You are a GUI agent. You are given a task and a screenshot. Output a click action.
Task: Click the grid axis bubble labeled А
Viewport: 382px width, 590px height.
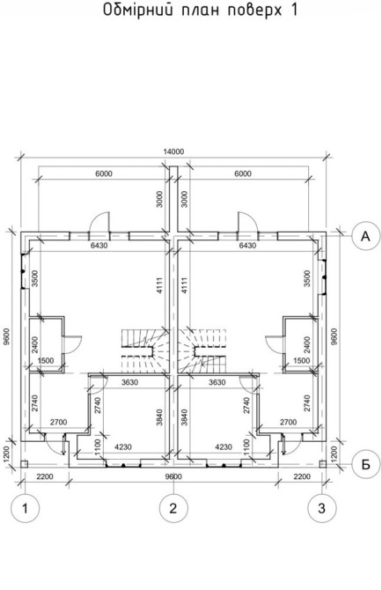365,236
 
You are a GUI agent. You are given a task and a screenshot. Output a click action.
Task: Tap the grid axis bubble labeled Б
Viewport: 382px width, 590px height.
365,465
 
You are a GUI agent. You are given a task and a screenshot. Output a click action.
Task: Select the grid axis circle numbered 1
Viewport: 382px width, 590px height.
25,508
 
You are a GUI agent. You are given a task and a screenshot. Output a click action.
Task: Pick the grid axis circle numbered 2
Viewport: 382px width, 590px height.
173,508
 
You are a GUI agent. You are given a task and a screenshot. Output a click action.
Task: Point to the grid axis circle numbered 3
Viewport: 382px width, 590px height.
322,508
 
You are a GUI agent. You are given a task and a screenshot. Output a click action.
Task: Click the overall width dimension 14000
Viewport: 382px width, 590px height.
173,151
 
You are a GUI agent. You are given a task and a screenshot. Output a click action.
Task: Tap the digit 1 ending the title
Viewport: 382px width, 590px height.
293,10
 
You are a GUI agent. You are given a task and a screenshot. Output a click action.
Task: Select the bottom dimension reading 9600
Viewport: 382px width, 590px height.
173,476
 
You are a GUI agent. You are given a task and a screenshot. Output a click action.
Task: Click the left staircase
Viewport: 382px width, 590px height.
143,350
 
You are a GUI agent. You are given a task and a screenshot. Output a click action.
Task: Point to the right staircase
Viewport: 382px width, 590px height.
202,350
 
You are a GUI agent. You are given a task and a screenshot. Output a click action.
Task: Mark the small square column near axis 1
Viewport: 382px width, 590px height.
24,464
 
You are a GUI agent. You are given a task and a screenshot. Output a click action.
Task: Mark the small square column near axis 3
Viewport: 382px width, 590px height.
322,464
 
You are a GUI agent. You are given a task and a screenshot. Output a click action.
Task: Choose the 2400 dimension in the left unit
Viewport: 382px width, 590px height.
35,344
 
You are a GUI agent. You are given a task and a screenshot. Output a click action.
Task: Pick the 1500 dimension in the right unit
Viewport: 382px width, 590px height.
302,360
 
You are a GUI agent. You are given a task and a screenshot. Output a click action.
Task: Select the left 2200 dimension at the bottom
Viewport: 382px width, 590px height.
45,476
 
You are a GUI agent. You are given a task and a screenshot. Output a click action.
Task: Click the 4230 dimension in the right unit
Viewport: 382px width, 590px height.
224,447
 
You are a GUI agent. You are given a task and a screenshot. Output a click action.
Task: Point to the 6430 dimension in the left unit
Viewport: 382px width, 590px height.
99,246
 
